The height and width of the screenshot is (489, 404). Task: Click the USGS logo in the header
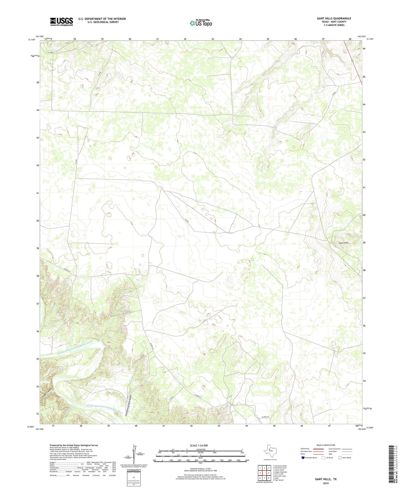coord(61,22)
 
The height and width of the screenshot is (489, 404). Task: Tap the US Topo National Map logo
coord(201,23)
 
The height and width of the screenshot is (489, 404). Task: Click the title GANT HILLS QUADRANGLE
coord(334,18)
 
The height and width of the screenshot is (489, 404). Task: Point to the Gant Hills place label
coord(343,243)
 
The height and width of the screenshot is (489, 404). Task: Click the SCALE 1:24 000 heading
coord(199,445)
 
